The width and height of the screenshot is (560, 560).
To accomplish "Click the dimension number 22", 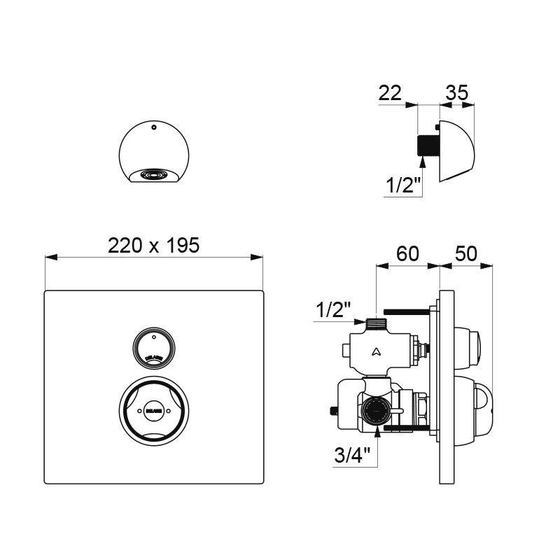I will point(391,92).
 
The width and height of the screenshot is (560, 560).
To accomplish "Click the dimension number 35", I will point(456,92).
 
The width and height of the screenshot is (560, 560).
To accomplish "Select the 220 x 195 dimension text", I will point(154,245).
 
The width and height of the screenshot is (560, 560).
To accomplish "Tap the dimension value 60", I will point(407,253).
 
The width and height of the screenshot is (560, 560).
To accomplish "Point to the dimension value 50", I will point(466,253).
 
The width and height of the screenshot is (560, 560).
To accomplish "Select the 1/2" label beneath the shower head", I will point(402,186).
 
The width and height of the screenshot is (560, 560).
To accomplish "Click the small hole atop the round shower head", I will point(152,128).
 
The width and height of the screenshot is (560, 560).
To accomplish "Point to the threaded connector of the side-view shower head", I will point(424,146).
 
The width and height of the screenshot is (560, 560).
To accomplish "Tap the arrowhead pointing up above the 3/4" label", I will point(378,433).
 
